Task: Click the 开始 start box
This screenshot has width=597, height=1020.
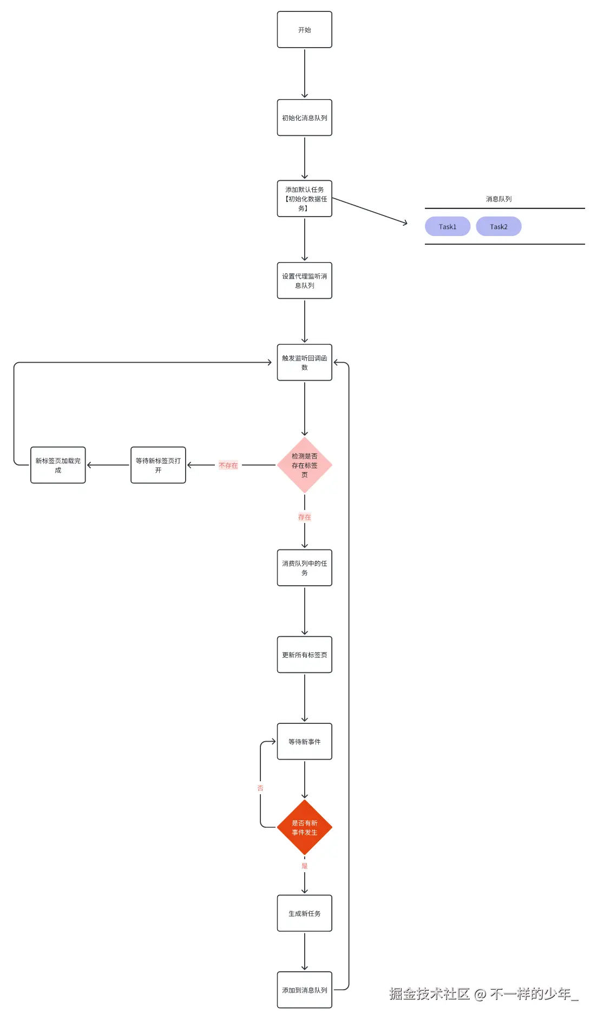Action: tap(304, 30)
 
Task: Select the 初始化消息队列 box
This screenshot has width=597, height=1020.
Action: tap(304, 117)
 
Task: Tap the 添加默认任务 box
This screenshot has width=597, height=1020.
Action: tap(304, 199)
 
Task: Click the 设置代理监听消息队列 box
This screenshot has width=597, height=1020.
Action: tap(304, 280)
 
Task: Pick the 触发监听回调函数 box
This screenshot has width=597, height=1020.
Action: tap(304, 362)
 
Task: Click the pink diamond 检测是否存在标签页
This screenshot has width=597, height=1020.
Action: tap(304, 465)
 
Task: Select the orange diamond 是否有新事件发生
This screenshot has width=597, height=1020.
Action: tap(304, 827)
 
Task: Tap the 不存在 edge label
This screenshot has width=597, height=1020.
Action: tap(228, 466)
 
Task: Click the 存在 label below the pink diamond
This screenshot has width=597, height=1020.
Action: tap(304, 517)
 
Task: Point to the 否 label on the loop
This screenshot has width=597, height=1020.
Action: tap(260, 788)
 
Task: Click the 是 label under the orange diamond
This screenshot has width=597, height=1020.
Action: tap(304, 866)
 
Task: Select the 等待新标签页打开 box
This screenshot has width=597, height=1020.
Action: tap(158, 465)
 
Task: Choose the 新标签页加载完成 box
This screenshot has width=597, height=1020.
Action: tap(58, 465)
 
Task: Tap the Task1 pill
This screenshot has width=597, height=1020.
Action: tap(447, 226)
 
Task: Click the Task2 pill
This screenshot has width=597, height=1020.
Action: tap(498, 226)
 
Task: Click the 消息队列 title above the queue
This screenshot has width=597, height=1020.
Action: tap(498, 199)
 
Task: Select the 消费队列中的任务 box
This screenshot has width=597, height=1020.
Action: tap(304, 568)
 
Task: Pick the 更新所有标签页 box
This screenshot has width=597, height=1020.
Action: tap(304, 655)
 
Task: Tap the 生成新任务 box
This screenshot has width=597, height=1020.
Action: tap(304, 913)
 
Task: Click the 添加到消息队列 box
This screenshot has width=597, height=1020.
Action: tap(304, 990)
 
